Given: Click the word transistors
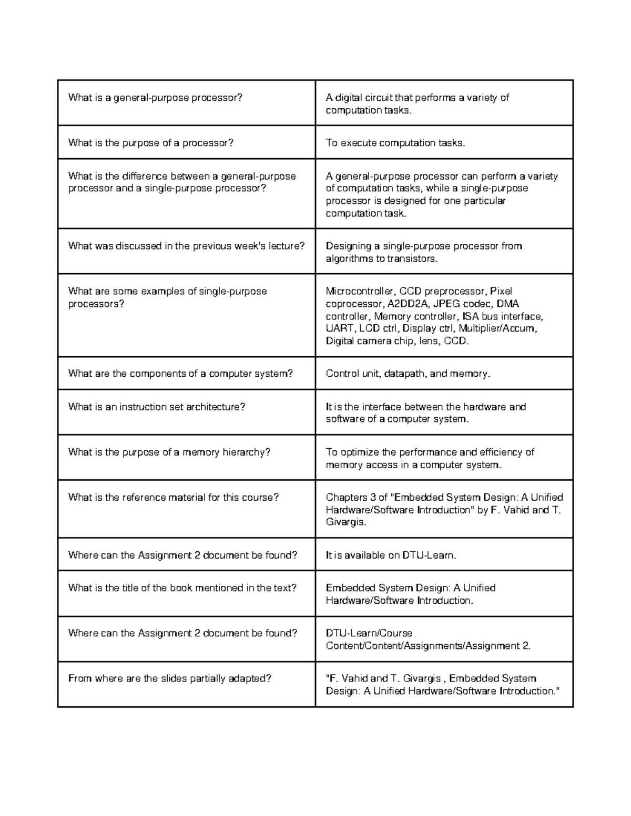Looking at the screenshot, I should tap(412, 259).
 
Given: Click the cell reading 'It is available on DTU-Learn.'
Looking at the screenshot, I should tap(391, 555).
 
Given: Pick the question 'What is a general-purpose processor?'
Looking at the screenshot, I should tap(155, 98).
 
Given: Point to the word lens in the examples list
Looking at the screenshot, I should tap(431, 341).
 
